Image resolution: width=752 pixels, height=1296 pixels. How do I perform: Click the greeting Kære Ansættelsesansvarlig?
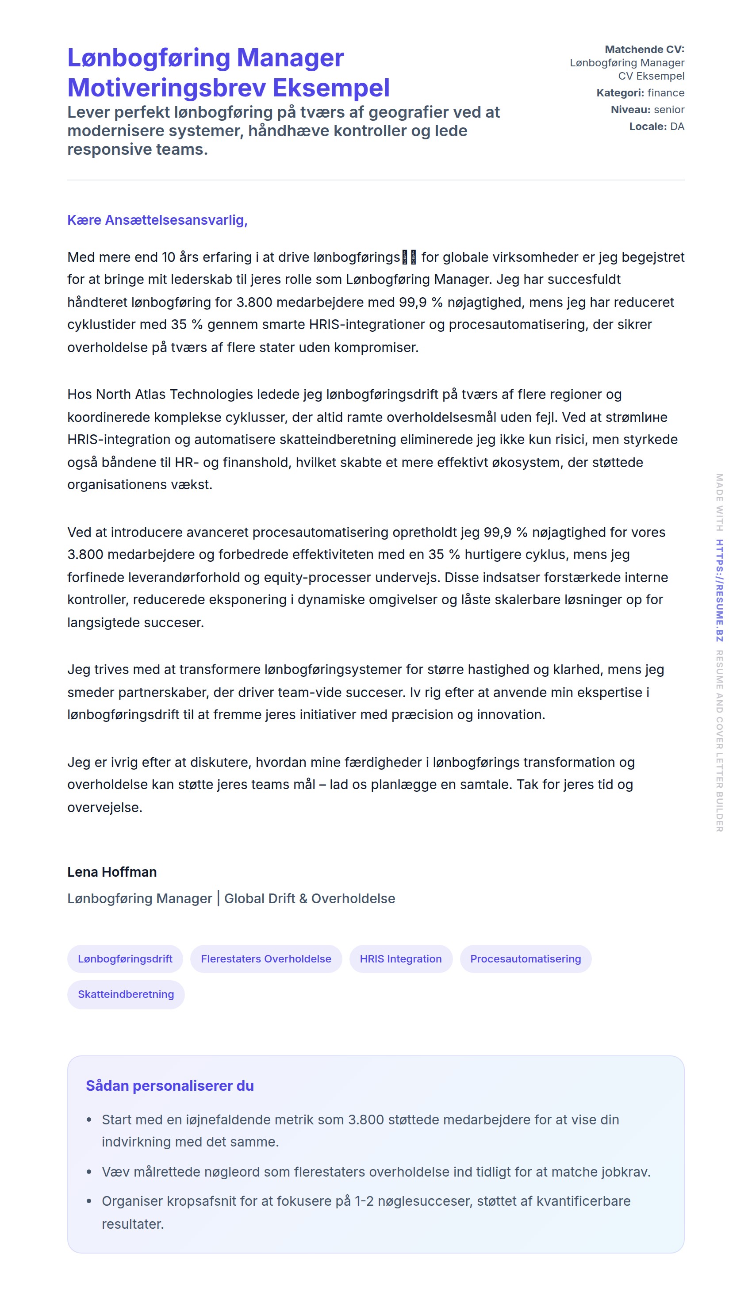[157, 220]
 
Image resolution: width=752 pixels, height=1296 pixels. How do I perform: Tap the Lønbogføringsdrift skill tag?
[125, 959]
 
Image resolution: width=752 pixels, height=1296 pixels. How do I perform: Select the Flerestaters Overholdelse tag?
[265, 959]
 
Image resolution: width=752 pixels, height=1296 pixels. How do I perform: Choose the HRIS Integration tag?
[400, 959]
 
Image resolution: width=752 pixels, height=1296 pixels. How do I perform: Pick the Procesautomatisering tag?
[525, 959]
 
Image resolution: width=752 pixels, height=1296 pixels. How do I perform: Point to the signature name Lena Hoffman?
[111, 872]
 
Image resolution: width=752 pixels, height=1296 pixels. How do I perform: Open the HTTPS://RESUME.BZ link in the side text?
[719, 590]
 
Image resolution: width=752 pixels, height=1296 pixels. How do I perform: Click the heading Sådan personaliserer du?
[169, 1085]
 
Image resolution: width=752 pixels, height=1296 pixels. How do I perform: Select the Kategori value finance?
[666, 93]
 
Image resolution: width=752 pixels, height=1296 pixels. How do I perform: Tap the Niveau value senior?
[669, 110]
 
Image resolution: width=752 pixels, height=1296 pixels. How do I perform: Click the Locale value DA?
[677, 127]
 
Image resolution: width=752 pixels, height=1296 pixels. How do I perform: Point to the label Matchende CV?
[644, 50]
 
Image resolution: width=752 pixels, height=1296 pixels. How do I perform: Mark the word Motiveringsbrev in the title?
[167, 88]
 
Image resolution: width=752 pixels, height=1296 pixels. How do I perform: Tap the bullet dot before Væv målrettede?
[89, 1172]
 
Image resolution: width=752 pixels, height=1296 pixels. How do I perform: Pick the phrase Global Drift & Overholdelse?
[309, 898]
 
